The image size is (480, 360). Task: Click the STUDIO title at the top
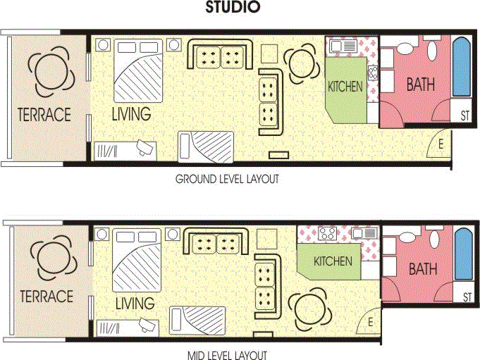click(233, 8)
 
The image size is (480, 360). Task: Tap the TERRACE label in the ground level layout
click(44, 114)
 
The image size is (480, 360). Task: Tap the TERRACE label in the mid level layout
click(47, 296)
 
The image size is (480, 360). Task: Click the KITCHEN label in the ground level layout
click(345, 87)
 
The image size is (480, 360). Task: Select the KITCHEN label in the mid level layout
click(333, 261)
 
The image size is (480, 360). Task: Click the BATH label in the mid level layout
click(423, 269)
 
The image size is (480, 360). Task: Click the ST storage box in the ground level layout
click(464, 116)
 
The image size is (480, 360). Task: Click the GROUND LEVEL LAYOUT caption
click(227, 180)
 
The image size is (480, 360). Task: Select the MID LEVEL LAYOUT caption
click(227, 355)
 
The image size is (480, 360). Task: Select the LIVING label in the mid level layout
click(134, 304)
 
